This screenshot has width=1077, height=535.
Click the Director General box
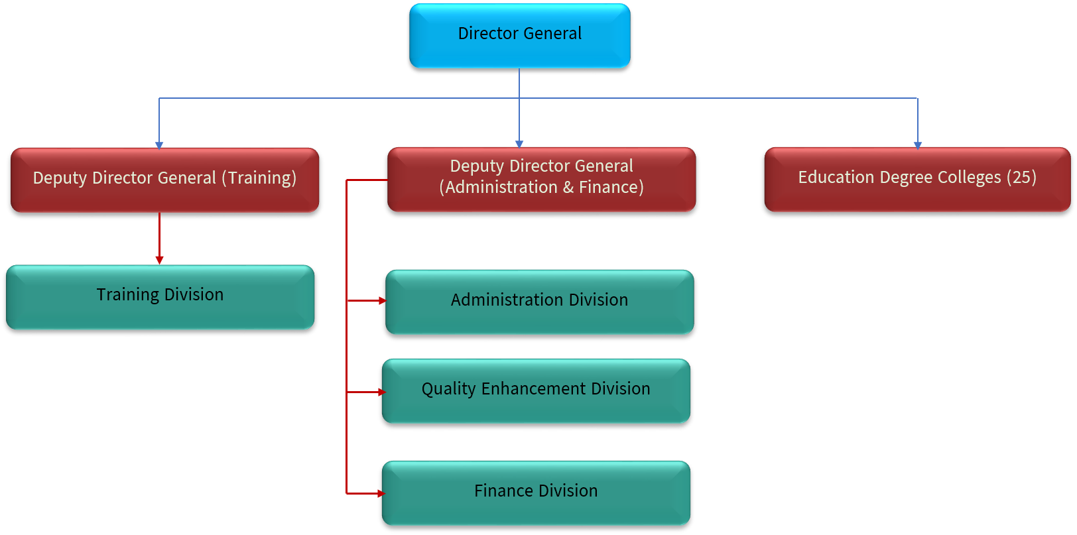pos(519,35)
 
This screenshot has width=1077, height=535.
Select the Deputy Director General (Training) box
pos(164,180)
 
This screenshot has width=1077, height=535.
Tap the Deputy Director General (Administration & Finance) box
pos(541,179)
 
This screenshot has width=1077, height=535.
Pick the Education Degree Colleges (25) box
pos(917,179)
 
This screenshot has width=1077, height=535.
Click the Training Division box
pos(160,297)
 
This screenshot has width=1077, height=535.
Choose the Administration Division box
pos(539,302)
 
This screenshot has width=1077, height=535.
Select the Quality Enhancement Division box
pos(536,390)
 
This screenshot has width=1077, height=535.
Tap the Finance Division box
pos(536,493)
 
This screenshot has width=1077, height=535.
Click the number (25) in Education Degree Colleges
pos(1021,178)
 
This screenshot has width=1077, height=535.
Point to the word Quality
pos(448,389)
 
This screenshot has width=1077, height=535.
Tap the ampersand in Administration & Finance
pos(568,188)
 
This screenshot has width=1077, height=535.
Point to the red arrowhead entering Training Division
pos(159,260)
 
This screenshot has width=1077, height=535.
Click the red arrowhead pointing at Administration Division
pos(382,300)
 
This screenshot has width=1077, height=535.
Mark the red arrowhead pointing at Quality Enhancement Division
pos(382,392)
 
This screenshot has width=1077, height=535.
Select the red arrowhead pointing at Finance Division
pos(381,493)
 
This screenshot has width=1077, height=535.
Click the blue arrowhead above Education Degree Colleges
pos(918,145)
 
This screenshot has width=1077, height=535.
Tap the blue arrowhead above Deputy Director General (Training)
pos(159,145)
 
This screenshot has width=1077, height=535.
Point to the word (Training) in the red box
pos(259,178)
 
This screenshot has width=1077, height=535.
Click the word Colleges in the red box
pos(969,178)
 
